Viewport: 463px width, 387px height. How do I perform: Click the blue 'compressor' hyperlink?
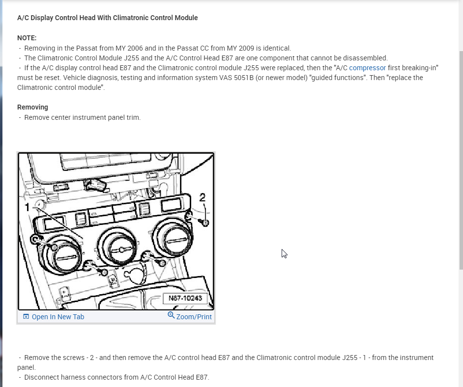point(367,68)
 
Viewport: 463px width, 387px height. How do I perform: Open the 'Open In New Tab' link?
point(58,317)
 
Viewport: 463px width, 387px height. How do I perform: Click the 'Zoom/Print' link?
point(194,317)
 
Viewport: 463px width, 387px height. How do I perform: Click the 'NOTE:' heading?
point(27,38)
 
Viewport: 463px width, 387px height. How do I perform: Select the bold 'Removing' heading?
point(32,107)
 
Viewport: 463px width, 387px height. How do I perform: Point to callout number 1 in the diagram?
point(28,207)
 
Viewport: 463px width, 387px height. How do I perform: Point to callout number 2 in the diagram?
point(203,197)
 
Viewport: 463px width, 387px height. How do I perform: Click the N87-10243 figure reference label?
point(185,298)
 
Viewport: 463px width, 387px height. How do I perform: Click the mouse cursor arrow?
point(284,253)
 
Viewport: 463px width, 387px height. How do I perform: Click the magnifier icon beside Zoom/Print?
point(171,315)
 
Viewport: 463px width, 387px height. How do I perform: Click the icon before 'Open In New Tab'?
point(26,317)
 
